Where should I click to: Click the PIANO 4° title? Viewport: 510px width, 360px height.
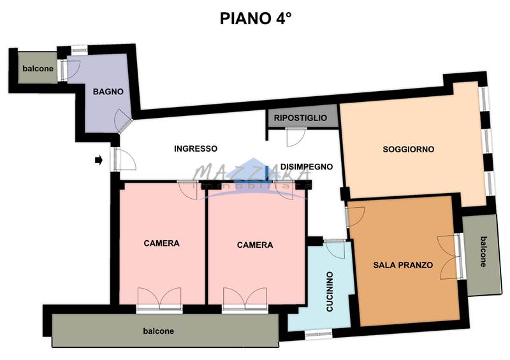(255, 17)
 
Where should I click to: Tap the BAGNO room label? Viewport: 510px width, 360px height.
(108, 92)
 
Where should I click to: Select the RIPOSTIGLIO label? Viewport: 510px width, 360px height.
(300, 118)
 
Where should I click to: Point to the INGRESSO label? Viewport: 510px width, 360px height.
(196, 148)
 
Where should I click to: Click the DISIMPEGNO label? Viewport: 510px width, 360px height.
(307, 166)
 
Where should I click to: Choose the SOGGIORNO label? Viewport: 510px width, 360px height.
(409, 149)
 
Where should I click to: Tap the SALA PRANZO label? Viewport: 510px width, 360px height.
(403, 265)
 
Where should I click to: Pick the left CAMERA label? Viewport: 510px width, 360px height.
(161, 243)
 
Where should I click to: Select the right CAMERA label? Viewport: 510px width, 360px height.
(255, 245)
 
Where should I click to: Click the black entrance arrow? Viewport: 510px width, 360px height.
(98, 161)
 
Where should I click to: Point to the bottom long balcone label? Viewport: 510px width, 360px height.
(158, 331)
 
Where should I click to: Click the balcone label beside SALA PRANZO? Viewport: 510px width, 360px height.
(483, 252)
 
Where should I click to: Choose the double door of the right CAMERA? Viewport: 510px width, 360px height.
(245, 298)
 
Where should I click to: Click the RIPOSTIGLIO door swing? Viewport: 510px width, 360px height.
(296, 136)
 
